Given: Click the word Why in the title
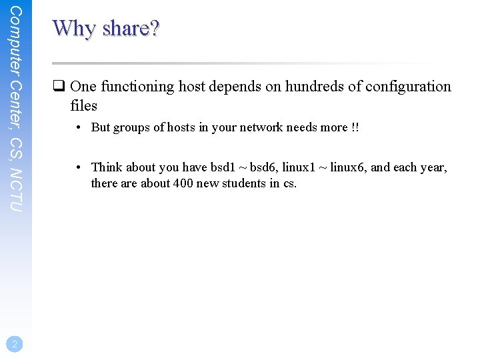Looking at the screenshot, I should [x=75, y=28].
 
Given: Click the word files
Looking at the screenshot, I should [x=83, y=105].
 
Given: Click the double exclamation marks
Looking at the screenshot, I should [x=355, y=127].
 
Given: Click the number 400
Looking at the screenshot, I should [x=183, y=183].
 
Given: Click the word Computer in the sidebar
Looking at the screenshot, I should [x=17, y=40].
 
